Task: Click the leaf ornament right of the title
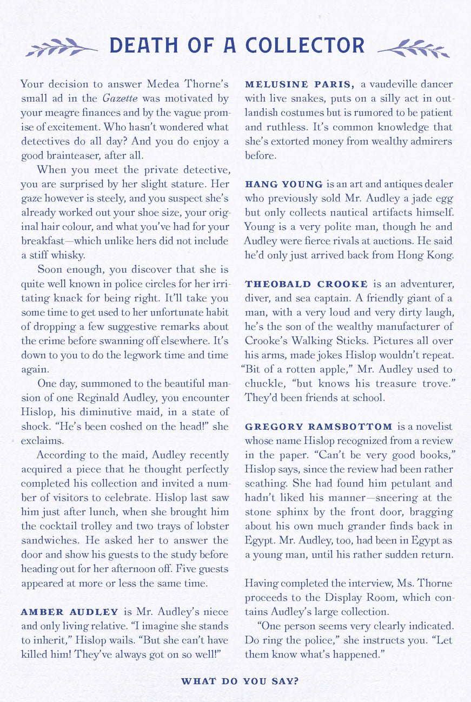point(414,48)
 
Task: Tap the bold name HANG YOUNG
point(283,184)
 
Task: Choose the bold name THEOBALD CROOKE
point(306,284)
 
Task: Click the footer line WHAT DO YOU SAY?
point(240,681)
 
